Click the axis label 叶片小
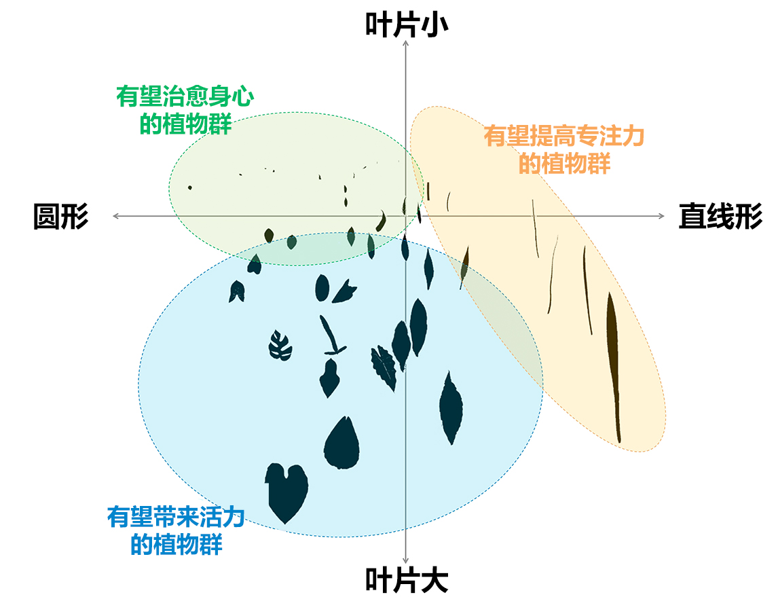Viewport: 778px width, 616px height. tap(406, 24)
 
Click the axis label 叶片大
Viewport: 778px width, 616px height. tap(406, 581)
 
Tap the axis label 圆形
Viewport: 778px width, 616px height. tap(60, 217)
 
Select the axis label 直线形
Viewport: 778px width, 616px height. tap(720, 217)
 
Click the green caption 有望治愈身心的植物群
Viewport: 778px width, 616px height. tap(185, 110)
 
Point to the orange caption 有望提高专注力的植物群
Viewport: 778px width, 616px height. tap(563, 149)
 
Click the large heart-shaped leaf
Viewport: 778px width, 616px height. tap(285, 490)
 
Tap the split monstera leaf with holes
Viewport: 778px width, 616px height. tap(280, 346)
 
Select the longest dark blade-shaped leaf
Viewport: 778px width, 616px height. tap(612, 360)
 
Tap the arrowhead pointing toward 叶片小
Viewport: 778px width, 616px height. tap(405, 43)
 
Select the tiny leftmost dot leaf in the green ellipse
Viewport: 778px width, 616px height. tap(190, 187)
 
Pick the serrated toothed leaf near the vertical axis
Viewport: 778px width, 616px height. tap(384, 366)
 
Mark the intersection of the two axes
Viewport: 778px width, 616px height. tap(405, 216)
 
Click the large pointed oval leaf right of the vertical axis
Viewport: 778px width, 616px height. tap(450, 407)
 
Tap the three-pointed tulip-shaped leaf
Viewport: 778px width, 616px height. tap(345, 291)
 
